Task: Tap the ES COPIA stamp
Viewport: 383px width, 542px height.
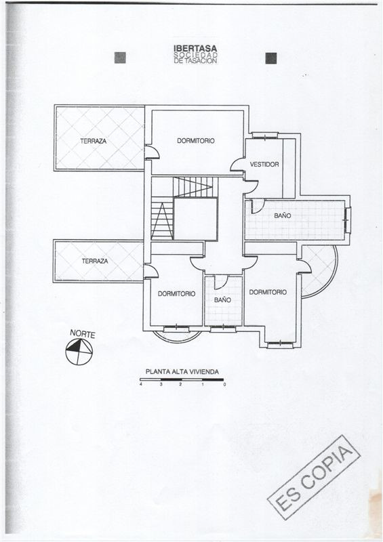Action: (314, 477)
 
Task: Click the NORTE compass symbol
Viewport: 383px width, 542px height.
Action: (79, 352)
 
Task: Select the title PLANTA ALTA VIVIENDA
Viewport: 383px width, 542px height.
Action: (182, 372)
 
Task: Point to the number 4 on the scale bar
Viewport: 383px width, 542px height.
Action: (141, 384)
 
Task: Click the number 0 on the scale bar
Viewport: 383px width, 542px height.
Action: (224, 384)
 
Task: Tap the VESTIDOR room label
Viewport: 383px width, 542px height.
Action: (264, 165)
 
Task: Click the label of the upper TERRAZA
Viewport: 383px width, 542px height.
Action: (94, 141)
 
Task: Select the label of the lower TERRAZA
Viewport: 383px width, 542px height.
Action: (95, 261)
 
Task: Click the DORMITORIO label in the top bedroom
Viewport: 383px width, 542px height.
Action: (196, 141)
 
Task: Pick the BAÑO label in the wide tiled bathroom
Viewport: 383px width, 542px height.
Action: (283, 215)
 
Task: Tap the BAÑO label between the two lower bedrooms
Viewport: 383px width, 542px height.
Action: (222, 299)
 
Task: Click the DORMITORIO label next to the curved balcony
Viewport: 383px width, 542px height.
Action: (268, 292)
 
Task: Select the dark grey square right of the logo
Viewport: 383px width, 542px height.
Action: (271, 58)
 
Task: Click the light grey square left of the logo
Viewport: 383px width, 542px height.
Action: (120, 58)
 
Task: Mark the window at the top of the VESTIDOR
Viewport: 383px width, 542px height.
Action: (265, 135)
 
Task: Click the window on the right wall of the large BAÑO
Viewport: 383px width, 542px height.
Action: (347, 220)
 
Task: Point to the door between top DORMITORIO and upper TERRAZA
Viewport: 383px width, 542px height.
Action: (152, 152)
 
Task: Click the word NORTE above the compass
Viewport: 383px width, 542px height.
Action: (82, 334)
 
